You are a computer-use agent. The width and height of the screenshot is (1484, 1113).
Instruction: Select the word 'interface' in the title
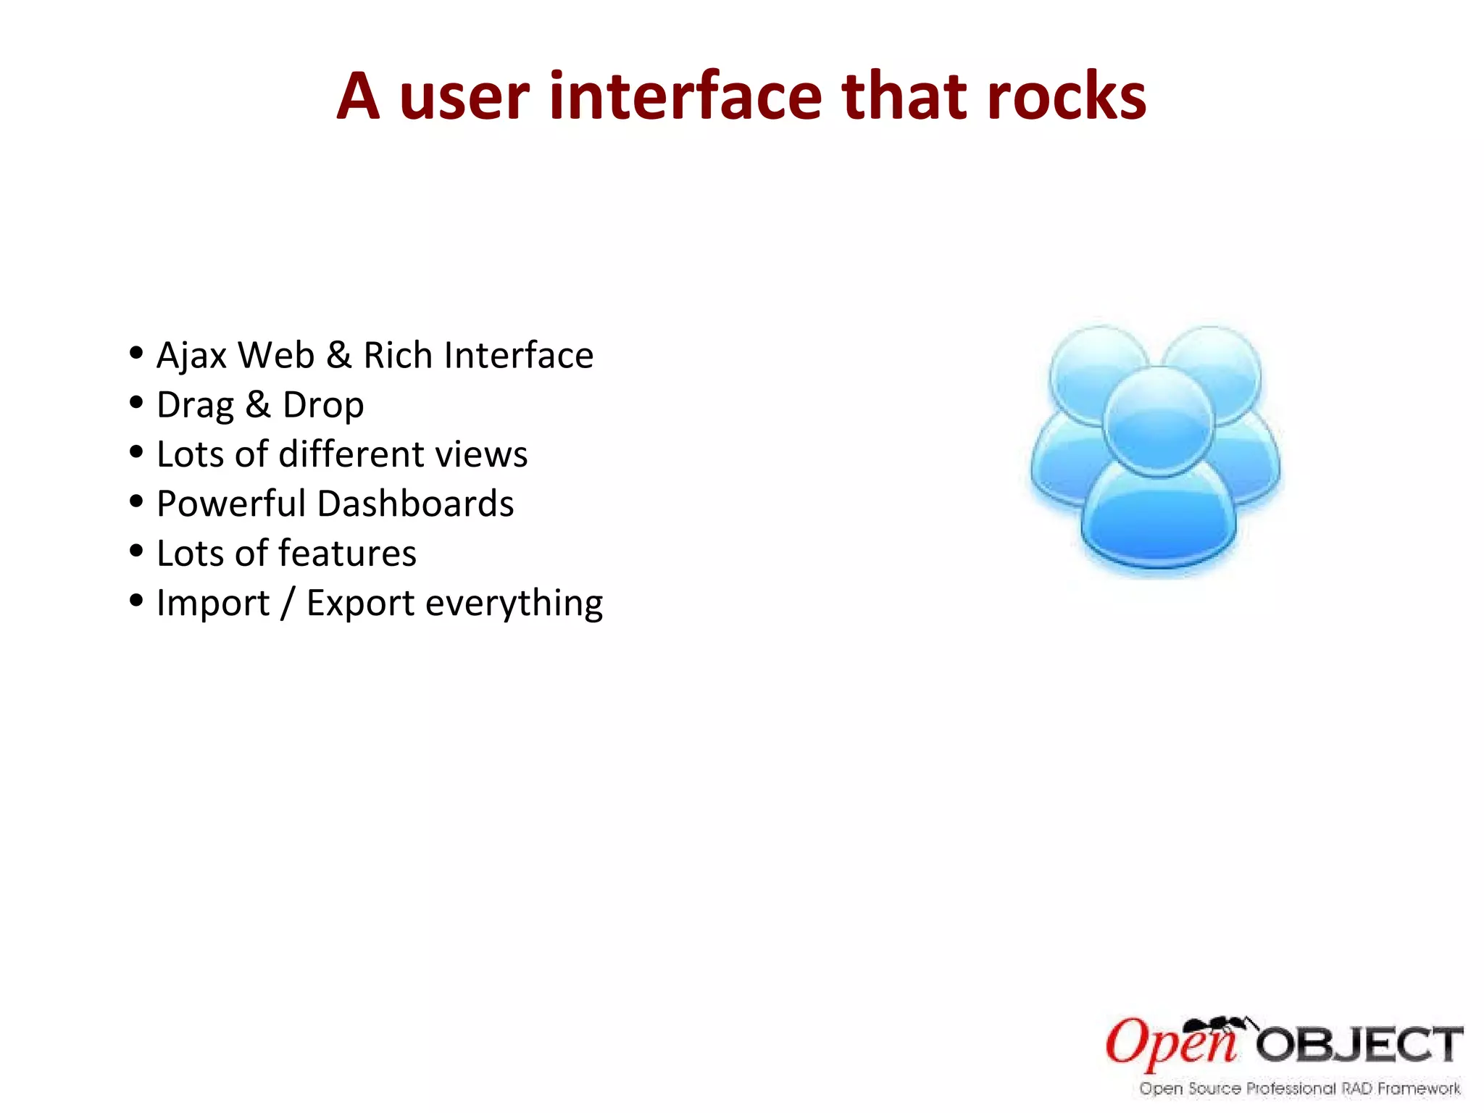coord(685,97)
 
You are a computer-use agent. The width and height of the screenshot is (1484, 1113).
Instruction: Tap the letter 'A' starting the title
coord(359,97)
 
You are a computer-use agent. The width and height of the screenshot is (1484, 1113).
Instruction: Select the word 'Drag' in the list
coord(195,406)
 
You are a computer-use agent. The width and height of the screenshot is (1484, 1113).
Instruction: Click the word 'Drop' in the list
coord(323,406)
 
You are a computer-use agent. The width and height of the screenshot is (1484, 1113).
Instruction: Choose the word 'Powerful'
coord(231,504)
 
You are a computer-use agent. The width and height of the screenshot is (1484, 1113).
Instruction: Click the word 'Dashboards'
coord(415,504)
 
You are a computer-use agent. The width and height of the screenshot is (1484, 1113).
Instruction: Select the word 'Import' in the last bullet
coord(213,604)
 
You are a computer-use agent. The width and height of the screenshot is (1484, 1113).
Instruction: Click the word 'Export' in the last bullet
coord(360,604)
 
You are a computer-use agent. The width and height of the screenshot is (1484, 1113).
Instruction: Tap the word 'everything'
coord(514,604)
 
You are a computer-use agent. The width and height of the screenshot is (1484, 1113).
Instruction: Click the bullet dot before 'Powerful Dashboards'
coord(136,501)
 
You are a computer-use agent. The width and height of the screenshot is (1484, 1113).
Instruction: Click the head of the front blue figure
coord(1158,420)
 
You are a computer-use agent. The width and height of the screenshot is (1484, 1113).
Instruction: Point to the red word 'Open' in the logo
coord(1170,1044)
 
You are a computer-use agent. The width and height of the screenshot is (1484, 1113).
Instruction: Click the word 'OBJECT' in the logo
coord(1359,1046)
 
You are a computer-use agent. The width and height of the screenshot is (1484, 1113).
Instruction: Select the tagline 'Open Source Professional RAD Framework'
coord(1300,1088)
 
